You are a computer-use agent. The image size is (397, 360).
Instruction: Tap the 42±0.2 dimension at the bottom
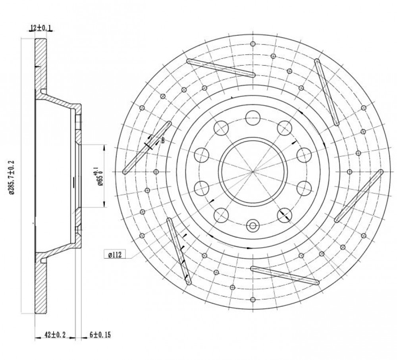coord(55,335)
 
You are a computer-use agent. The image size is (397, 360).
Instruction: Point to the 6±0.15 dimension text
coord(100,335)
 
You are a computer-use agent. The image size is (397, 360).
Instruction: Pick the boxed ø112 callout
coord(115,254)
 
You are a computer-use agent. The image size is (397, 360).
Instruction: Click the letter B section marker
coord(163,141)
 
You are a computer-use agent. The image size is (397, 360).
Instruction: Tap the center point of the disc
coord(252,171)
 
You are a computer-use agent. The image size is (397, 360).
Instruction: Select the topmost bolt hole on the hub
coord(252,118)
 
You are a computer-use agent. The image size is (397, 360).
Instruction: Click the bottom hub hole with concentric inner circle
coord(252,225)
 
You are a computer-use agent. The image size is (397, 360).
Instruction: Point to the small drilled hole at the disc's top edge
coord(252,44)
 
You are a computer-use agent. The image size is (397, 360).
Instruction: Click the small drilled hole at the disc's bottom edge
coord(252,300)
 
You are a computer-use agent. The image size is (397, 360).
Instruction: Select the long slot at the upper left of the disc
coord(221,68)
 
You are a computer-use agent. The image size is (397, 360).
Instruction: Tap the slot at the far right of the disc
coord(359,196)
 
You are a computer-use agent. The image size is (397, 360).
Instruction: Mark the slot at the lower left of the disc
coord(179,251)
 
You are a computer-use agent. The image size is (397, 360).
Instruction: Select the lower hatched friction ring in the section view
coord(40,283)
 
